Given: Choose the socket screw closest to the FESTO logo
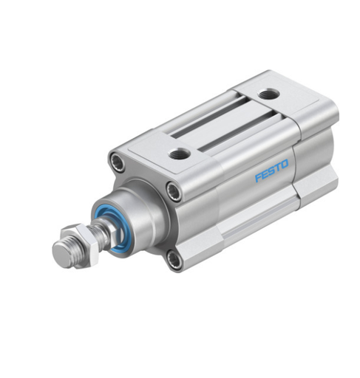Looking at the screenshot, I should pyautogui.click(x=173, y=192).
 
